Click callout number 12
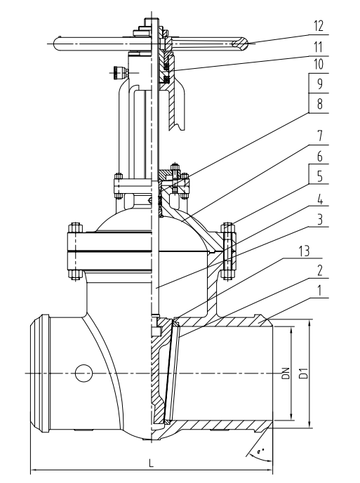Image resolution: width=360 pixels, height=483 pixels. point(319,26)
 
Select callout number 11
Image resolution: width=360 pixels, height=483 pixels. point(319,47)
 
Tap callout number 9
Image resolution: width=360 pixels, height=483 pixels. point(320,84)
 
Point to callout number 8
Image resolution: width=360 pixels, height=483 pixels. point(320,103)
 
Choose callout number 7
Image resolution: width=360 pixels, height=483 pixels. point(320,135)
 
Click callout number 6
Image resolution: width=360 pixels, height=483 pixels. point(320,156)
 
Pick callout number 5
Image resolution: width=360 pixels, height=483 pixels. point(320,176)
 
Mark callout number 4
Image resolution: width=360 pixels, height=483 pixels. point(320,199)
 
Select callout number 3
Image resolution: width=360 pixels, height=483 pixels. point(320,220)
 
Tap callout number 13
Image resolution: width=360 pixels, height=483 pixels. point(304,251)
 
